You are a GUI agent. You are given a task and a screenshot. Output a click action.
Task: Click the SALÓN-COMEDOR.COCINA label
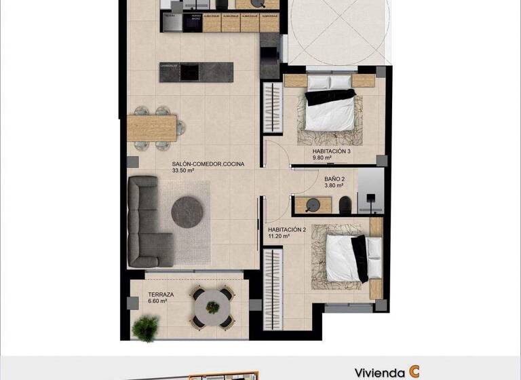208,164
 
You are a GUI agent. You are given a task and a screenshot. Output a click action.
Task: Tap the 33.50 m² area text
183,171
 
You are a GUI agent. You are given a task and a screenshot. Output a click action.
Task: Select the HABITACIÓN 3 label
331,151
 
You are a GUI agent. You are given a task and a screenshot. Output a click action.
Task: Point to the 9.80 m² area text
322,158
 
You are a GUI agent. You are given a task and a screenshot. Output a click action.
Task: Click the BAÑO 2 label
335,179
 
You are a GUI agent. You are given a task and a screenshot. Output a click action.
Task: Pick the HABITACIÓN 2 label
287,229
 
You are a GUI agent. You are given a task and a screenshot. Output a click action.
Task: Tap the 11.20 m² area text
279,237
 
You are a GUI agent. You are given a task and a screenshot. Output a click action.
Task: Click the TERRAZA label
161,294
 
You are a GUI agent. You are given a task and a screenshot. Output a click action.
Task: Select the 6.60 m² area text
157,302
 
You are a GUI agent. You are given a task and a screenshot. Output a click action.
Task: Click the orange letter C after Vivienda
413,372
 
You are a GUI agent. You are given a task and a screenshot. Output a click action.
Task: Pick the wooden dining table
152,126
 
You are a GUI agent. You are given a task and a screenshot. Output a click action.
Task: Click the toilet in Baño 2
345,203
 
